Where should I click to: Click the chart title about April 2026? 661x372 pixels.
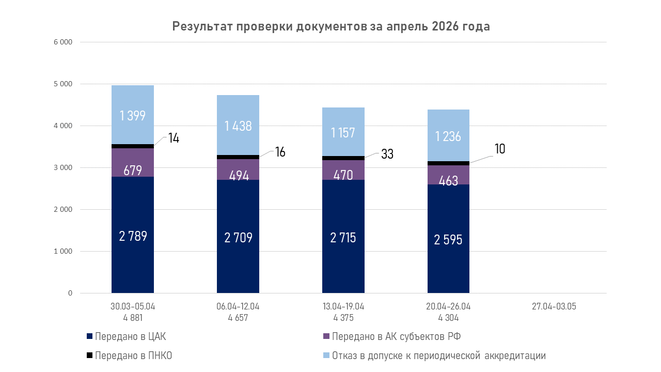(x=330, y=26)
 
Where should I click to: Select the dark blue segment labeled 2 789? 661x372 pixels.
(x=133, y=235)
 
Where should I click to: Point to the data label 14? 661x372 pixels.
(x=174, y=138)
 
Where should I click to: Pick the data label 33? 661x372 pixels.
(x=387, y=154)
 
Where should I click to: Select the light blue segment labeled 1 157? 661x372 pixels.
(x=343, y=132)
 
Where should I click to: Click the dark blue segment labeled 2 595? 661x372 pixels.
(x=448, y=239)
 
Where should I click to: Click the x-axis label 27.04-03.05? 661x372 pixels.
(x=554, y=306)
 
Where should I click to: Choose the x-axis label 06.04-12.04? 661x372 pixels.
(x=238, y=306)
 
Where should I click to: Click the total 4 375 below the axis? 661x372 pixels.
(x=343, y=318)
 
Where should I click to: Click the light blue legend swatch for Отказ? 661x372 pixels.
(x=326, y=355)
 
